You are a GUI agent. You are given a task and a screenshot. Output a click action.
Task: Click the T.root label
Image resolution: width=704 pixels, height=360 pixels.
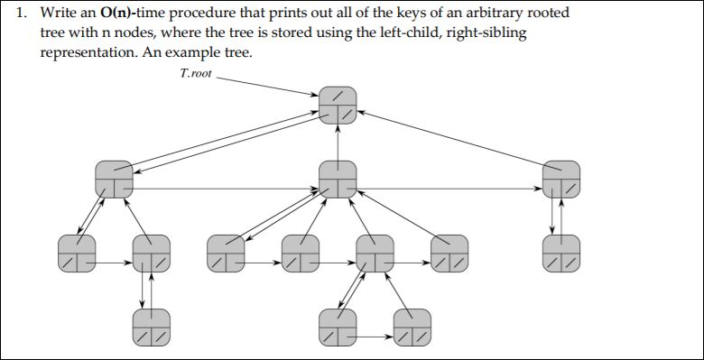[196, 73]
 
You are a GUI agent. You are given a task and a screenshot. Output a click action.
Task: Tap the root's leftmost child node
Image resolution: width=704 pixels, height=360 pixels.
[114, 178]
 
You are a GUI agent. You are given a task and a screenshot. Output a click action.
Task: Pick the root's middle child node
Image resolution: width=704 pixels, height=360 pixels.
[338, 178]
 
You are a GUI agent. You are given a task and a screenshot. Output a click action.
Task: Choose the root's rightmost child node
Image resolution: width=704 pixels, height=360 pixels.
[561, 178]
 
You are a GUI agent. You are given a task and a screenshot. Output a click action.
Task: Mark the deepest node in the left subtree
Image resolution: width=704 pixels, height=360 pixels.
[151, 326]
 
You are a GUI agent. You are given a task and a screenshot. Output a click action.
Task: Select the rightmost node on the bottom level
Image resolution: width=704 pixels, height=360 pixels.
[412, 326]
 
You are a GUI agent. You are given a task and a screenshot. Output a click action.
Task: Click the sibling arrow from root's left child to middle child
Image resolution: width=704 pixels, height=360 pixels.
[226, 189]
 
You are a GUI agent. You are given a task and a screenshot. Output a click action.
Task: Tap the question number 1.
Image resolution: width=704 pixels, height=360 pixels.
[23, 14]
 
